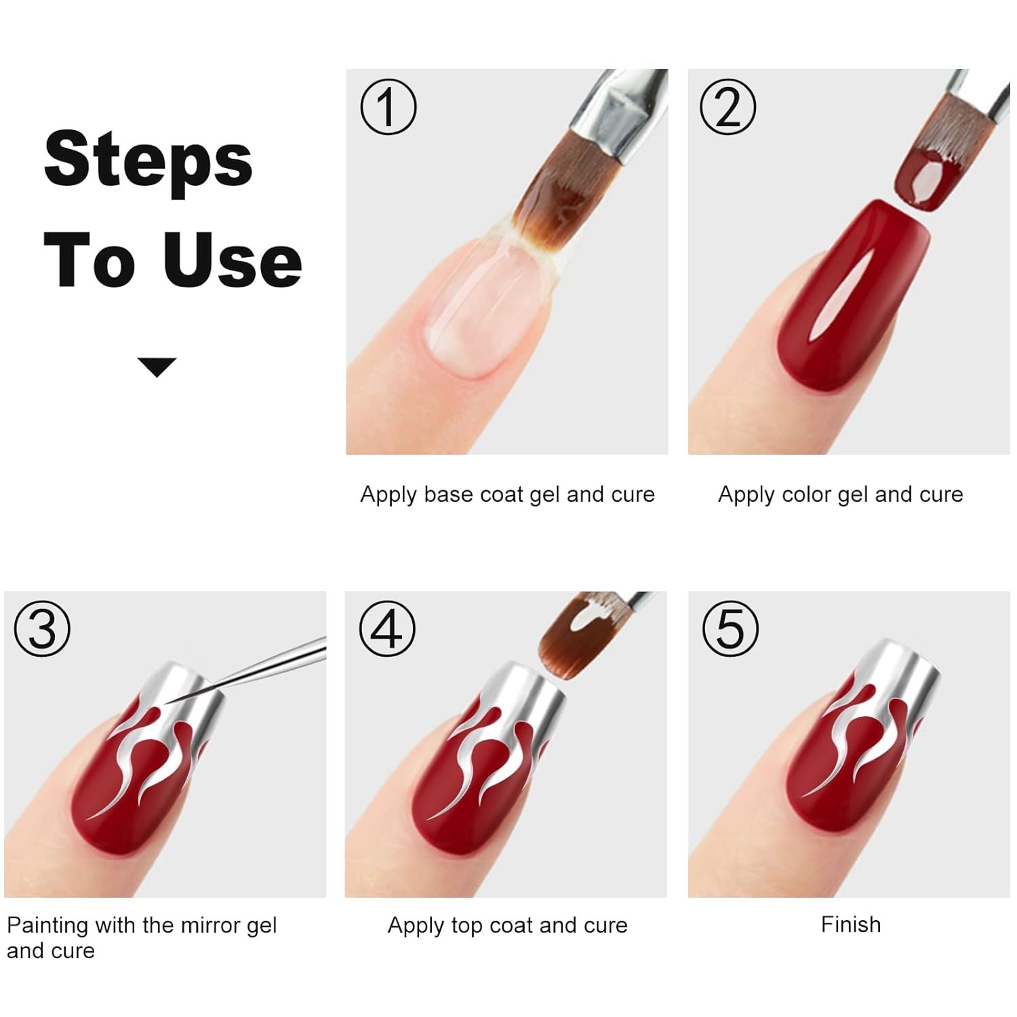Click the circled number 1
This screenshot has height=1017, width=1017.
tap(388, 107)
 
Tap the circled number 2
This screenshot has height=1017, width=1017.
tap(727, 107)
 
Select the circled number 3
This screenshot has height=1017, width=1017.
tap(42, 629)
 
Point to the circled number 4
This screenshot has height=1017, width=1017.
tap(387, 629)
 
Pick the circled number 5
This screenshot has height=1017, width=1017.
tap(730, 629)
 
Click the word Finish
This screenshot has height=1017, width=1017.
tap(851, 924)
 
